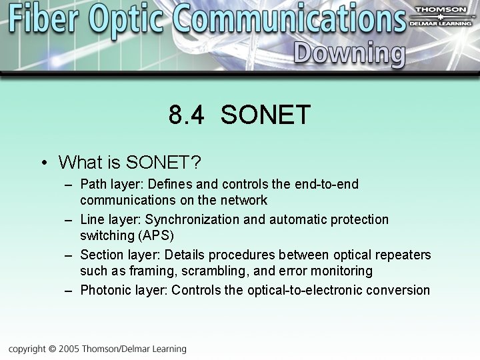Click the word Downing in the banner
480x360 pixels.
click(349, 54)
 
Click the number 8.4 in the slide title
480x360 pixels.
click(186, 115)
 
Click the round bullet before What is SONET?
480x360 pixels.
click(43, 163)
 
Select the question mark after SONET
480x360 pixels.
click(196, 162)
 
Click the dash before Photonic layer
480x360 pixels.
click(69, 291)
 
